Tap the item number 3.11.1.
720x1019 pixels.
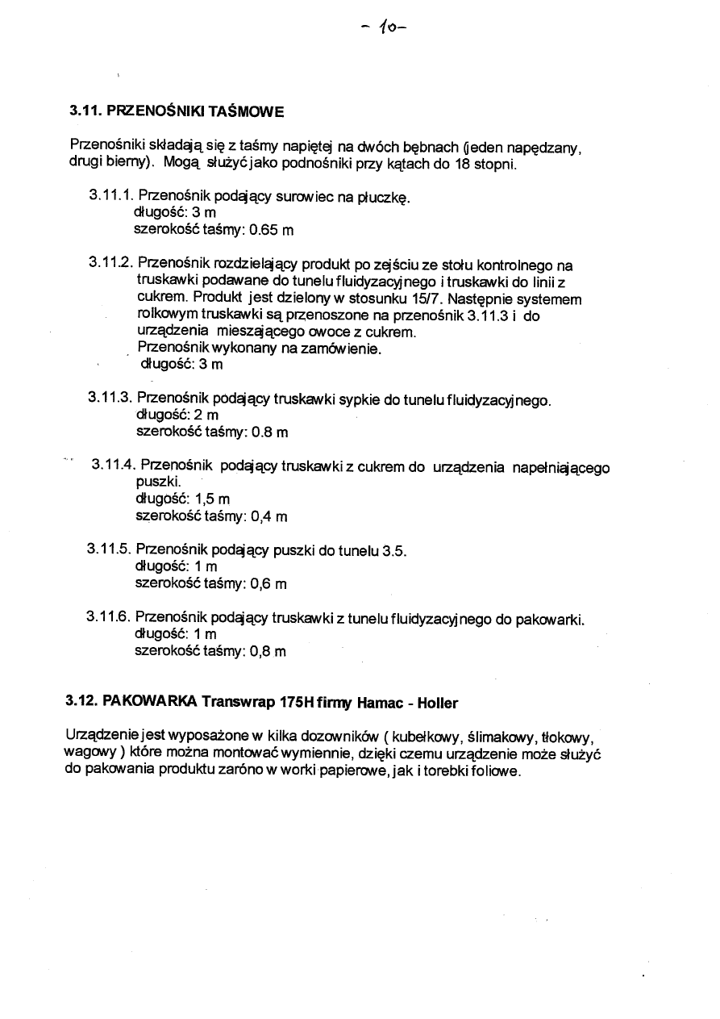point(111,196)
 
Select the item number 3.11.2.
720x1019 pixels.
point(111,263)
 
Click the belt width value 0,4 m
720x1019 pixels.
point(269,516)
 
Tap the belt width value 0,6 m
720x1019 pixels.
point(268,583)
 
